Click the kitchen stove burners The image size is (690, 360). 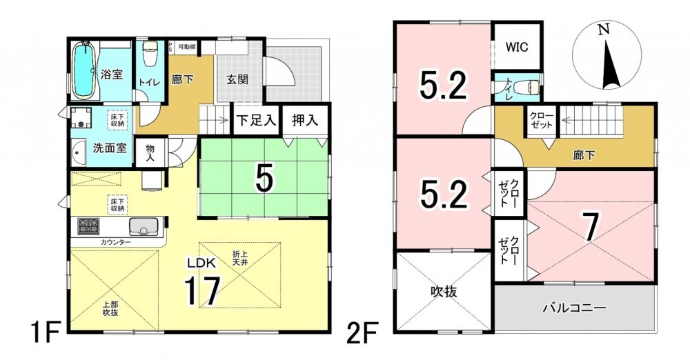(x=88, y=226)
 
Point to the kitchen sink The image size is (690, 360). (x=141, y=227)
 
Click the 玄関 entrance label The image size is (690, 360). (x=237, y=79)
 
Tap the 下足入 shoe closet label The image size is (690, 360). (x=257, y=120)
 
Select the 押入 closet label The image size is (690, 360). (x=305, y=120)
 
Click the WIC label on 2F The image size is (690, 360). (x=517, y=47)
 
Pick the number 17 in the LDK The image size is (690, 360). (x=202, y=290)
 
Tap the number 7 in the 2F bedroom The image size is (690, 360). (x=591, y=228)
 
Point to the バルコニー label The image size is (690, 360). (x=574, y=307)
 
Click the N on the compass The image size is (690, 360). (x=604, y=30)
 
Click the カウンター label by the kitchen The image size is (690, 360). (x=116, y=242)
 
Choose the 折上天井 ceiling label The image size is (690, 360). (x=241, y=257)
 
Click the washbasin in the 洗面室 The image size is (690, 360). (x=79, y=152)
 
